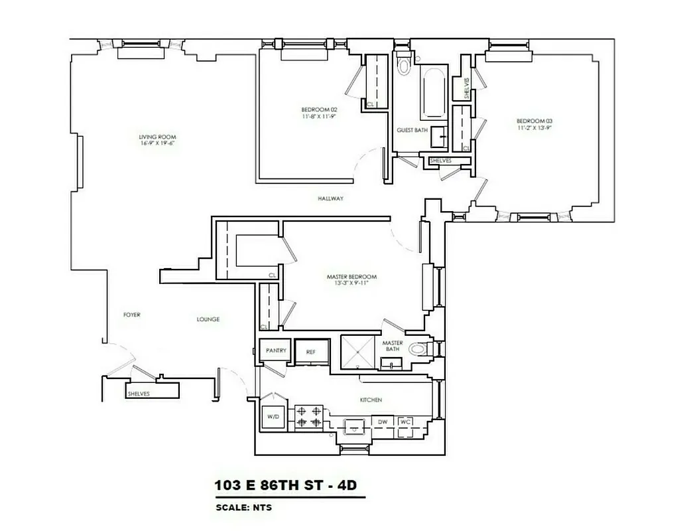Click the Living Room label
pos(157,137)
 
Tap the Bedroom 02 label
pos(320,109)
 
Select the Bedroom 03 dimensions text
pos(534,127)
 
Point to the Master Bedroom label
pos(351,277)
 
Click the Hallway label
pos(330,198)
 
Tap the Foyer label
pos(131,315)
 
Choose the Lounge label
pos(208,319)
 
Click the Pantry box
pos(275,350)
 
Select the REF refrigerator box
pos(310,352)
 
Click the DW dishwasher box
pos(383,421)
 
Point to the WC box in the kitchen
pos(405,421)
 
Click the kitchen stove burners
pos(308,416)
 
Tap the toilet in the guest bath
pos(403,64)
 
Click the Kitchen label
pos(371,400)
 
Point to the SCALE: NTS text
pos(243,508)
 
